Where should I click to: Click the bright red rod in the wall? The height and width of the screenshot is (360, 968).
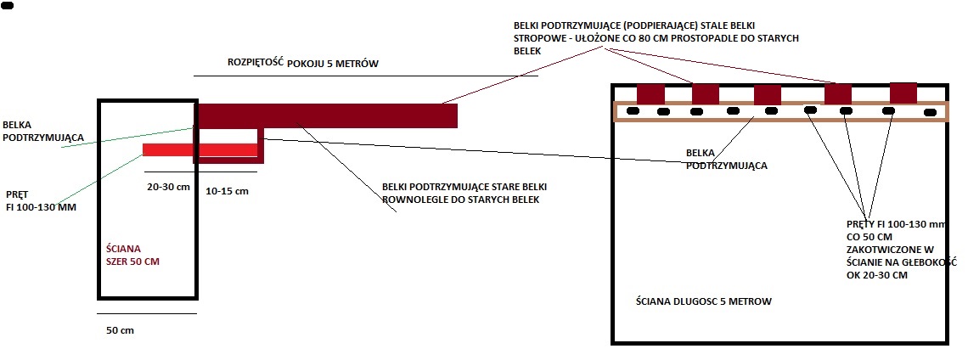pos(200,150)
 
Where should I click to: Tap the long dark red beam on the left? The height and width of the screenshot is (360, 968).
pos(327,115)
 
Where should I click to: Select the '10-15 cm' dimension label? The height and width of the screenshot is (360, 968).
pos(228,192)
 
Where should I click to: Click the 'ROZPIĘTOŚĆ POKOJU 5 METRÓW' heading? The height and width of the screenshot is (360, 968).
pos(302,64)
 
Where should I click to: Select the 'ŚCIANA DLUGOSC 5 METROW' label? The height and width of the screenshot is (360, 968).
pos(703,301)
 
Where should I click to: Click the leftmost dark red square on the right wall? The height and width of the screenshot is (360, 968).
pos(650,93)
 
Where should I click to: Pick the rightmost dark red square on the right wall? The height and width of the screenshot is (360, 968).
pos(903,93)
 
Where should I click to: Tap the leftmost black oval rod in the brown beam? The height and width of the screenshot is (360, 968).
pos(633,110)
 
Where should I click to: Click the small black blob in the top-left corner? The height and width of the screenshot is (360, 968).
pos(8,5)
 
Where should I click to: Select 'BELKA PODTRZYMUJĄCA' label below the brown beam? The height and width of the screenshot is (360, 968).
pos(727,160)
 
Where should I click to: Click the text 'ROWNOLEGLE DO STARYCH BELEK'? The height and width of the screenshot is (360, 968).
pos(461,200)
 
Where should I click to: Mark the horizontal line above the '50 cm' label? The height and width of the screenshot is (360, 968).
pos(147,314)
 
